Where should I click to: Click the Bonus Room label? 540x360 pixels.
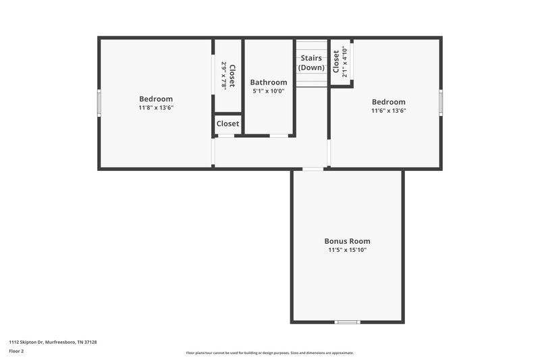[x=347, y=241]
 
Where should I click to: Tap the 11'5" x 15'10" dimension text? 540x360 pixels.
[x=347, y=250]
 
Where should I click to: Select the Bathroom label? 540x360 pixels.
[x=268, y=82]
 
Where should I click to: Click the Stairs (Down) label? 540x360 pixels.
[x=311, y=63]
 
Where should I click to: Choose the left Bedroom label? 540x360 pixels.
[x=156, y=99]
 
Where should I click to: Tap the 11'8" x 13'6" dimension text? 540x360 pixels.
[x=156, y=107]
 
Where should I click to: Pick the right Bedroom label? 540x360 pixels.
[x=388, y=101]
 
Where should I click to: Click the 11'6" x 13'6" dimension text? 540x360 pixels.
[x=388, y=110]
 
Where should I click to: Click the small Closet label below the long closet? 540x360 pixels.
[x=227, y=124]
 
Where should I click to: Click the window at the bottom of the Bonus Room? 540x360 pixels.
[x=347, y=322]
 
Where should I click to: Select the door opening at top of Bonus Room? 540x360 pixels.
[x=312, y=169]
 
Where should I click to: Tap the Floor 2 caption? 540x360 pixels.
[x=17, y=351]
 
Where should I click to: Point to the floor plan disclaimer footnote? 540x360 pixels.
[x=269, y=353]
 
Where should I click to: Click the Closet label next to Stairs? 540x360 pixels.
[x=336, y=61]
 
